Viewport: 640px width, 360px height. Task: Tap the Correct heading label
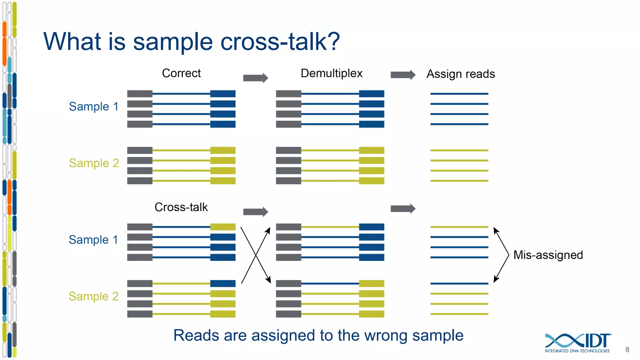(x=181, y=73)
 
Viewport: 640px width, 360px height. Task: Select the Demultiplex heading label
(x=331, y=73)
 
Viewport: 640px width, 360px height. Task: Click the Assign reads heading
(x=461, y=74)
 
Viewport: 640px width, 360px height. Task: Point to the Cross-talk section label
(x=181, y=207)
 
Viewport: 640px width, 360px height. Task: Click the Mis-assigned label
(x=548, y=255)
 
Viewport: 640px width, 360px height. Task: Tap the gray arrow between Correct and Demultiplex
(x=255, y=78)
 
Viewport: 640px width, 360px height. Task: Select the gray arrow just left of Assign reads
(x=403, y=75)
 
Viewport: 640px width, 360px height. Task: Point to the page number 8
(x=627, y=350)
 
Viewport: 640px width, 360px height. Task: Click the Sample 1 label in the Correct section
(x=94, y=107)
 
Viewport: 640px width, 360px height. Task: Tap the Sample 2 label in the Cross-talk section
(x=94, y=296)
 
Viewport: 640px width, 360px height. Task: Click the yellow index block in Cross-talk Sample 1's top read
(x=223, y=227)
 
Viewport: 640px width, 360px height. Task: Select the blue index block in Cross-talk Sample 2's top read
(x=223, y=283)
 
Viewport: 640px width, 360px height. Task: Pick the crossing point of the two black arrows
(x=256, y=255)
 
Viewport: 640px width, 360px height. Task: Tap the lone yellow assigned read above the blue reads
(x=459, y=227)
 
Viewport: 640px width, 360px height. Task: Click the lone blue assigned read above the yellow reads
(x=459, y=283)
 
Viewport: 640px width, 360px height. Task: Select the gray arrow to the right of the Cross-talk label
(x=255, y=212)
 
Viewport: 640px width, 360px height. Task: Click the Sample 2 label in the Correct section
(x=94, y=163)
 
